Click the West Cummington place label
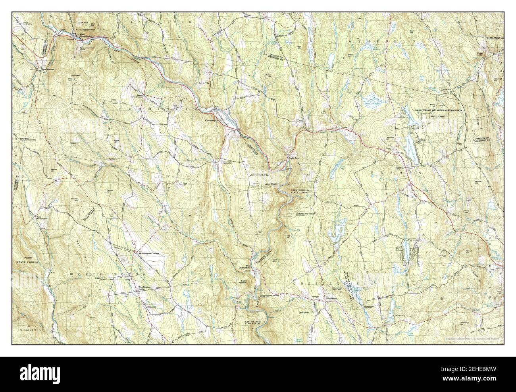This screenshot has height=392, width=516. [x=86, y=36]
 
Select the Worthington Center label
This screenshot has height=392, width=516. [x=144, y=288]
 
